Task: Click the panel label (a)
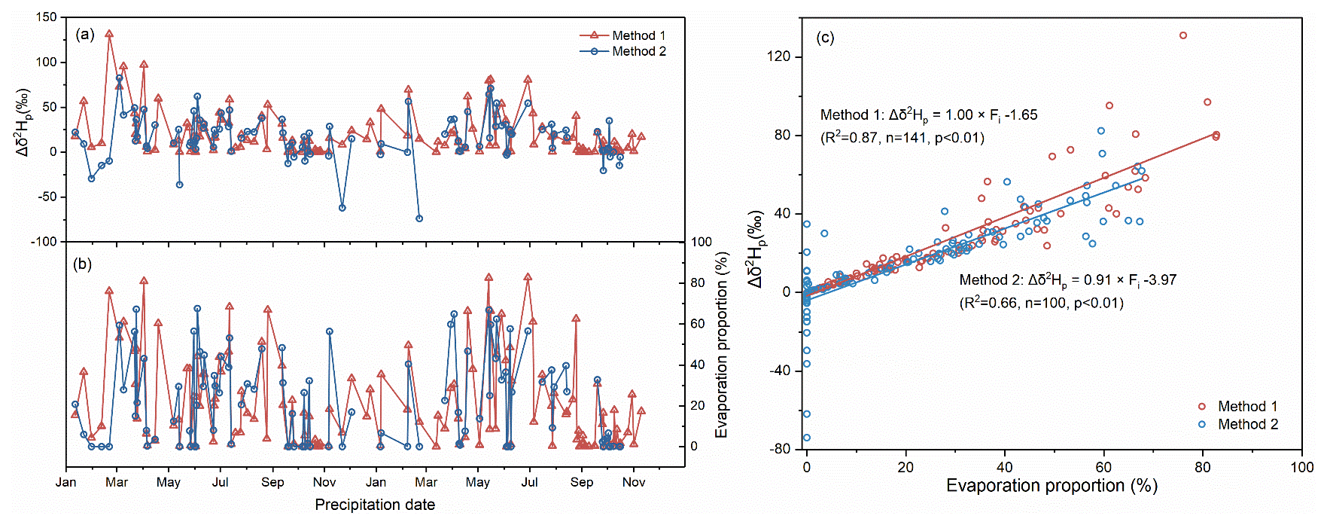click(85, 34)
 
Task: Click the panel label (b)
click(83, 264)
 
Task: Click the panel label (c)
click(825, 38)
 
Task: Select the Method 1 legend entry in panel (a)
click(622, 35)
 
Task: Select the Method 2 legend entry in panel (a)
click(622, 51)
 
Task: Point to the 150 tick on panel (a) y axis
click(47, 17)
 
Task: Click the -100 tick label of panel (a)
click(43, 242)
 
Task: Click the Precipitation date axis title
click(375, 505)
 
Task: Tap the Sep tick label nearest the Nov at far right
click(581, 482)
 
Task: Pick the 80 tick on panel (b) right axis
click(699, 283)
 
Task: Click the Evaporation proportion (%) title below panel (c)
click(1052, 486)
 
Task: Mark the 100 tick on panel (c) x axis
click(1301, 467)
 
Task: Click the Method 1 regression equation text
click(928, 115)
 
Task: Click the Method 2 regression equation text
click(1067, 280)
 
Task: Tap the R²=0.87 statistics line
click(902, 137)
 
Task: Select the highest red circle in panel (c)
click(1183, 35)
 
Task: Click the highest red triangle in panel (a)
click(109, 34)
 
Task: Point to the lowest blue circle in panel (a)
click(419, 218)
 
